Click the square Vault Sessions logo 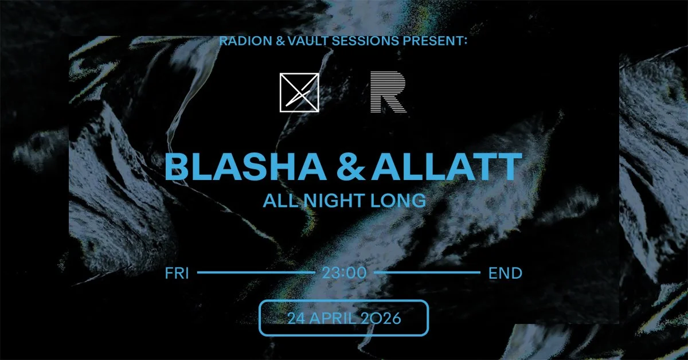(299, 92)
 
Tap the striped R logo (388, 92)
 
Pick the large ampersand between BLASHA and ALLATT (354, 167)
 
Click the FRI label (177, 273)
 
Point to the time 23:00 (343, 273)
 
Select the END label (505, 273)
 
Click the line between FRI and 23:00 (256, 273)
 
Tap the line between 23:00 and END (427, 273)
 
